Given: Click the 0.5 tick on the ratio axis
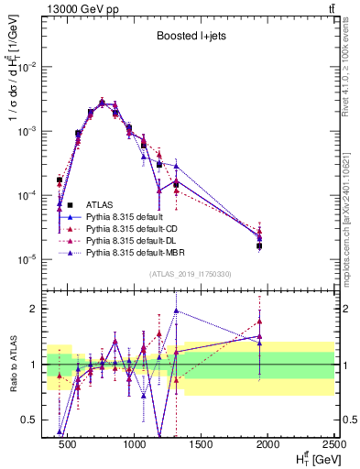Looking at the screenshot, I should click(x=29, y=420).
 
